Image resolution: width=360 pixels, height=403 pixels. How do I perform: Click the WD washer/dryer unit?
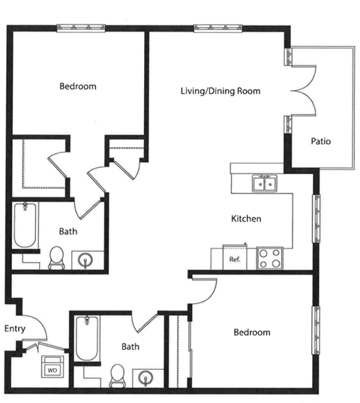52,366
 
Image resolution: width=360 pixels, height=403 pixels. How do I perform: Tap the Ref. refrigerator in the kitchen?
235,257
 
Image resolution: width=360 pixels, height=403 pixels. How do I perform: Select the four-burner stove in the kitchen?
269,258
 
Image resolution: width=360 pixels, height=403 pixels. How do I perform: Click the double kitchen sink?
265,184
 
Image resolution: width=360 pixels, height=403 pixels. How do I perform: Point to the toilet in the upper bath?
56,258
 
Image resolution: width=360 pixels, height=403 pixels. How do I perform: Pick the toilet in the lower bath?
118,376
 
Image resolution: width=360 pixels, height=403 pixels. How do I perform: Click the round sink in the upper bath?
85,260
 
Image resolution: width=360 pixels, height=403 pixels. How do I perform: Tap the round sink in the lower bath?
145,378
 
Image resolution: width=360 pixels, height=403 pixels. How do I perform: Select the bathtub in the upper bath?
25,225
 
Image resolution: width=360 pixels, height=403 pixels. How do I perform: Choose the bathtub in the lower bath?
87,338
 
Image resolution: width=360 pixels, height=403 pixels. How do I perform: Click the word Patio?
321,141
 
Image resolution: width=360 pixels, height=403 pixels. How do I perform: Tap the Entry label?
15,329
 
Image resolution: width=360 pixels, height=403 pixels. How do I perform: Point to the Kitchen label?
246,218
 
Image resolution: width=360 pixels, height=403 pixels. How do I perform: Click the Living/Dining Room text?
220,91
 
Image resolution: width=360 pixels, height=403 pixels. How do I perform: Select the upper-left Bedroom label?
78,86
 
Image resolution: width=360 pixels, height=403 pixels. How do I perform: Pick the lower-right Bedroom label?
252,332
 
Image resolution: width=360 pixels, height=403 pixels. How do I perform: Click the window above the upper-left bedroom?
81,28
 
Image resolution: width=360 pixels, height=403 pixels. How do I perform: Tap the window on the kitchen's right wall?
316,218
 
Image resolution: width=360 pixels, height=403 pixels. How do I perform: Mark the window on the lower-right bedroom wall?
316,330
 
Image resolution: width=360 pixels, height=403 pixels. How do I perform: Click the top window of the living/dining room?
218,28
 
